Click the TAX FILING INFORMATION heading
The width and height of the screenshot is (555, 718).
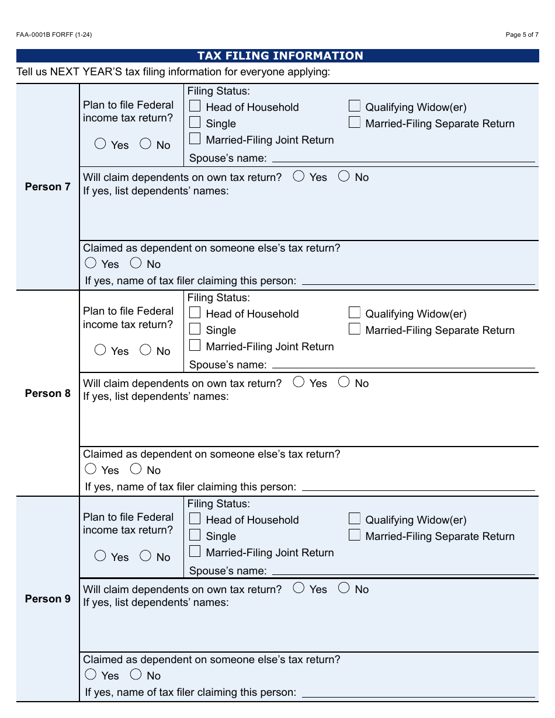point(280,56)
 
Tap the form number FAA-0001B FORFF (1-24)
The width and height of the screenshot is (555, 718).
point(54,34)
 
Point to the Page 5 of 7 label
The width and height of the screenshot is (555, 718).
point(522,34)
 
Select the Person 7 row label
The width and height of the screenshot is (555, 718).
point(47,187)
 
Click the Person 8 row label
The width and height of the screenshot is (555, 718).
point(47,393)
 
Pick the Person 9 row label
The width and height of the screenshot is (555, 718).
point(47,599)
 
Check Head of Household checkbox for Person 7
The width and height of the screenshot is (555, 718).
point(195,106)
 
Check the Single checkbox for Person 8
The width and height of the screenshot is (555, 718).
point(195,329)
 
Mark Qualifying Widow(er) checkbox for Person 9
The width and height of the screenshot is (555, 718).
point(355,518)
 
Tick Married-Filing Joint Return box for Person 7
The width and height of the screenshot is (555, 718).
point(195,139)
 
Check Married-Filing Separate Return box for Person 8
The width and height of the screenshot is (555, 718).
point(355,329)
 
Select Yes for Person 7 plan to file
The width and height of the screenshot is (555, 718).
point(100,144)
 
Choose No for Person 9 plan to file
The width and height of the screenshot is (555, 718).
point(145,556)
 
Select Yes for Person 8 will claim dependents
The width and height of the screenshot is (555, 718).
point(299,382)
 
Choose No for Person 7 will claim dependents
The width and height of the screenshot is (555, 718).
point(344,176)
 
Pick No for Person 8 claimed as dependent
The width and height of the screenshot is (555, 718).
point(136,469)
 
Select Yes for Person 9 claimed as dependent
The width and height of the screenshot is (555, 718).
point(91,674)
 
